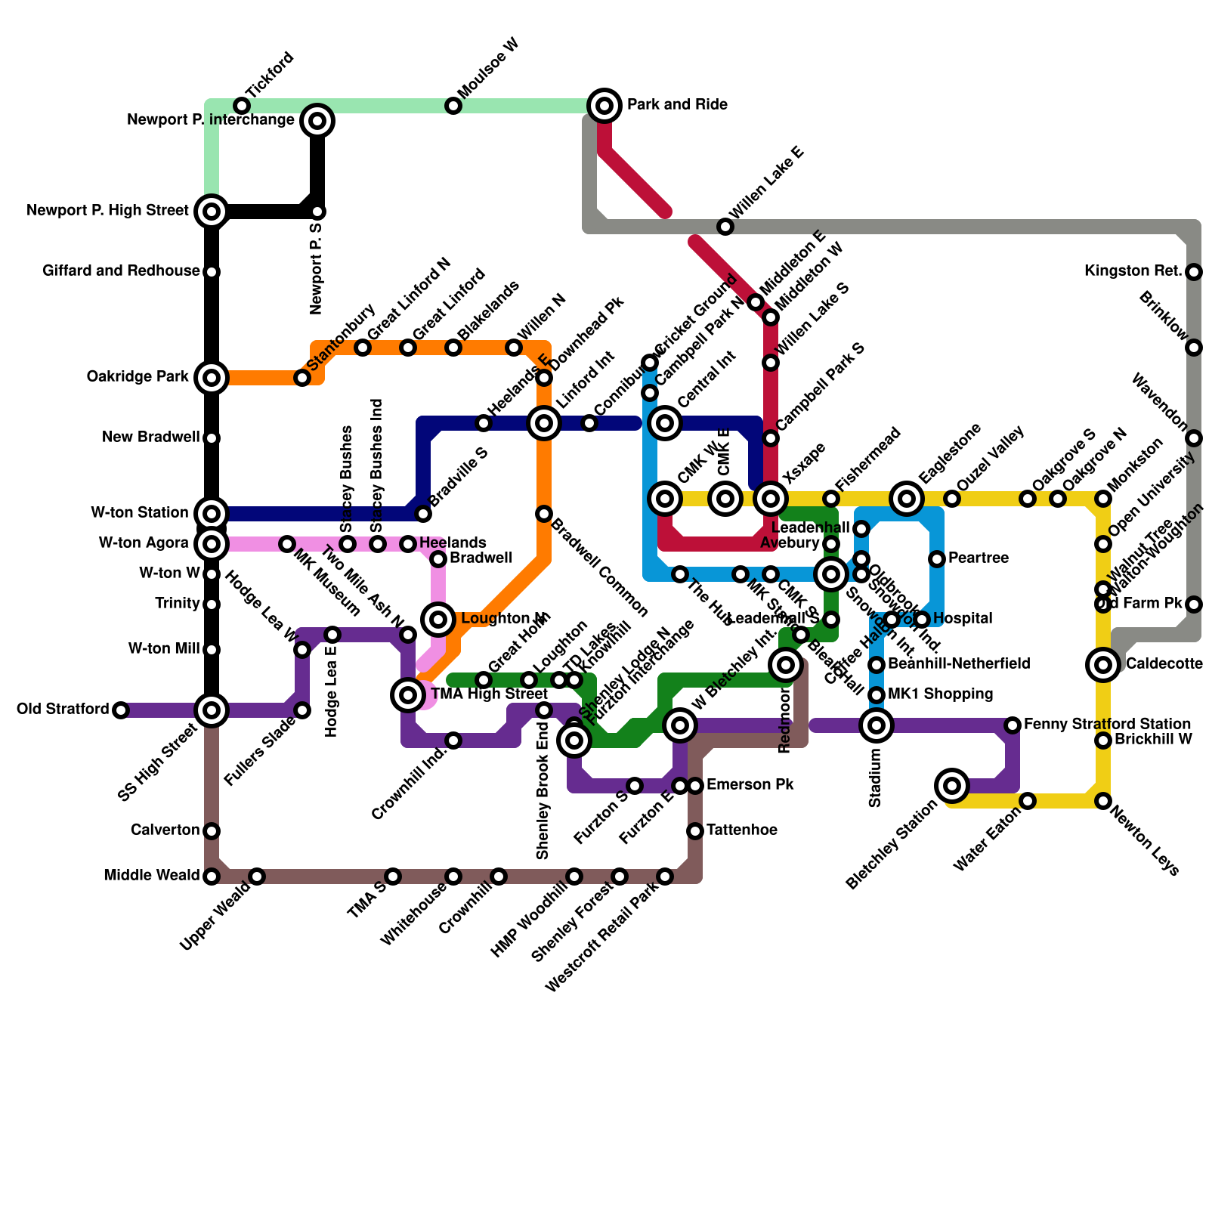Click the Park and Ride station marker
(604, 106)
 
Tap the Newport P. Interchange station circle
(318, 121)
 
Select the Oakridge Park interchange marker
(212, 378)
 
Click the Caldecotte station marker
(1103, 665)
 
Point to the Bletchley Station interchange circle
(952, 786)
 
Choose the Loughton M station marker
(438, 620)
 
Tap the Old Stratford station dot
(121, 710)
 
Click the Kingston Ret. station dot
(1194, 272)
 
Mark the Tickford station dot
(242, 106)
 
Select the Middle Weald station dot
(212, 877)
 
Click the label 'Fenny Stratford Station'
(1107, 724)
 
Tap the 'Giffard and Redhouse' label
(121, 271)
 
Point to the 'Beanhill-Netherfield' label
(959, 663)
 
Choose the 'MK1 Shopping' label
(940, 694)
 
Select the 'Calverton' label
(165, 830)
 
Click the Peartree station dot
(937, 559)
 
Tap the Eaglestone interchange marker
(907, 499)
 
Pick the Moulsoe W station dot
(453, 106)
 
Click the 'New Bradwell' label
(151, 437)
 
